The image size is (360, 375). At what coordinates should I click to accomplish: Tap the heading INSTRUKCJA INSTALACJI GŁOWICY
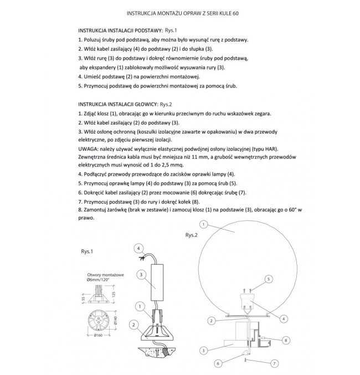click(x=117, y=104)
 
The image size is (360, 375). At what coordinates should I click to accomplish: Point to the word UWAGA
click(x=90, y=150)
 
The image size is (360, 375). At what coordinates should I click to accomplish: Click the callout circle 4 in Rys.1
click(x=139, y=248)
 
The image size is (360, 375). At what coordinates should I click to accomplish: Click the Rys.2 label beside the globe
click(x=192, y=235)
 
